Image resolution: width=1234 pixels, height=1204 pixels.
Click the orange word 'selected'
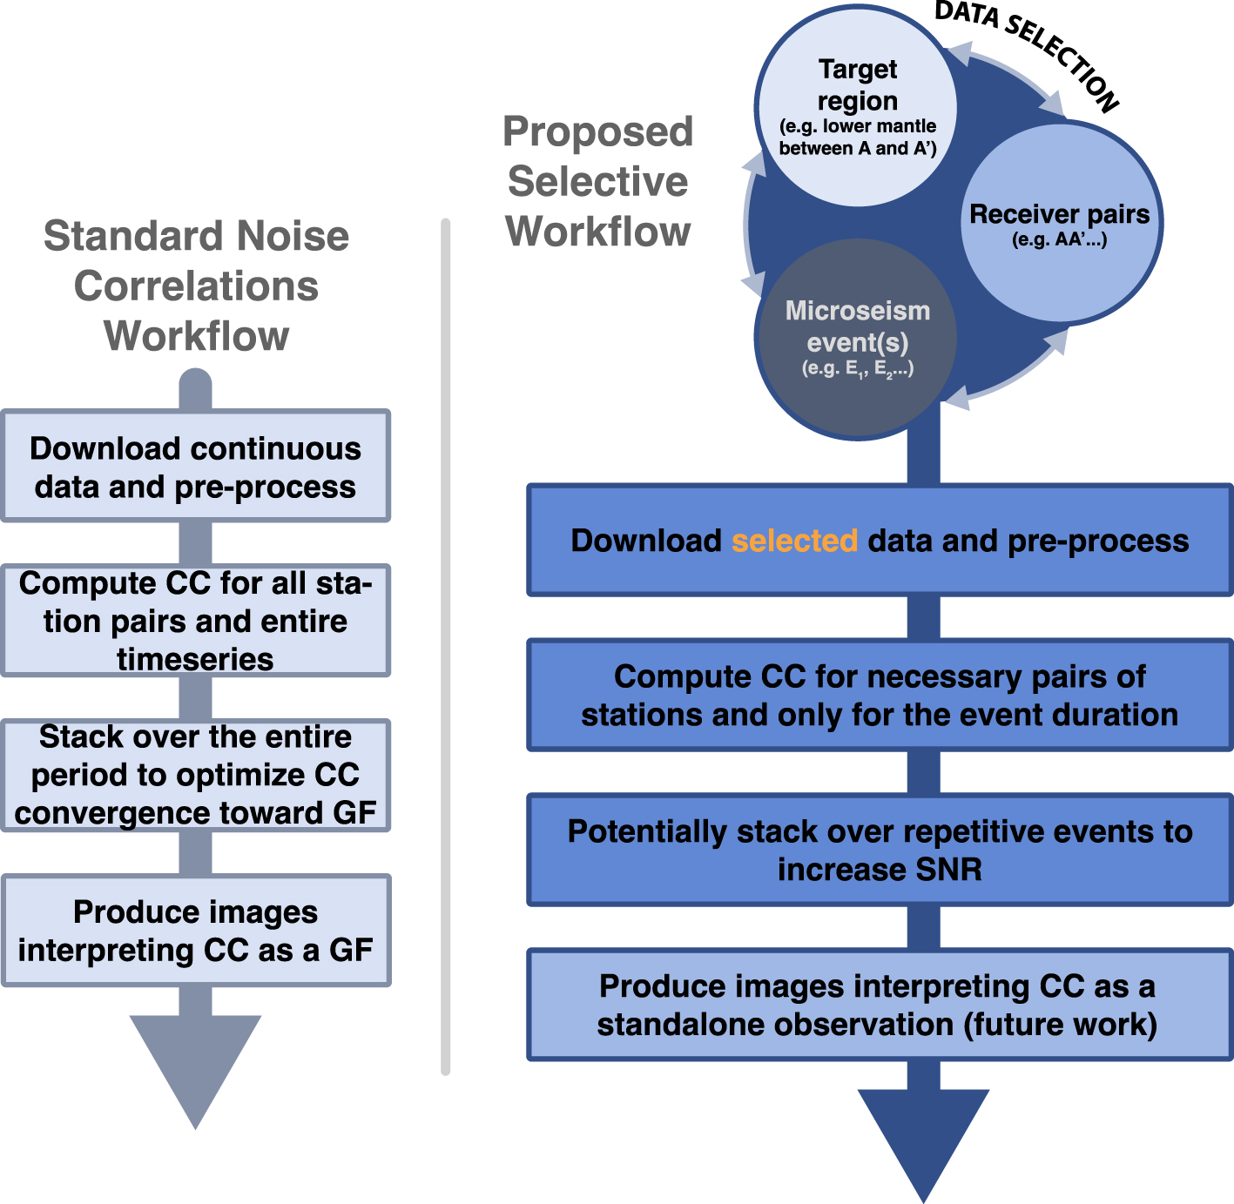tap(794, 541)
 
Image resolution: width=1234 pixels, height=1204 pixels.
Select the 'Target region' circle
tap(857, 106)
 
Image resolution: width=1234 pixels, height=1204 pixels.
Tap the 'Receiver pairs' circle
tap(1060, 223)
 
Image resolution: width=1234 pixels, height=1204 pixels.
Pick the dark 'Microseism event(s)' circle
tap(857, 340)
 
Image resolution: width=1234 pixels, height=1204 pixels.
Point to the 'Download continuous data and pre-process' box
tap(195, 466)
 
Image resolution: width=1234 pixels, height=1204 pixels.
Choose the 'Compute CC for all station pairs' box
tap(195, 621)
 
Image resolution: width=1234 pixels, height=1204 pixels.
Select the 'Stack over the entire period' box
tap(195, 776)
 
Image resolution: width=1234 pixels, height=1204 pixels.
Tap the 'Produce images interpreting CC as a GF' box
tap(195, 931)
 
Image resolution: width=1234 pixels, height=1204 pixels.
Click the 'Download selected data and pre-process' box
tap(880, 540)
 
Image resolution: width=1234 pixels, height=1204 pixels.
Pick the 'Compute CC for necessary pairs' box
tap(880, 695)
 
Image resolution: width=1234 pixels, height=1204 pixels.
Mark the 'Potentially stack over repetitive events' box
tap(880, 850)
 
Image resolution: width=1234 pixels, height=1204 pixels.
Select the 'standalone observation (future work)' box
tap(880, 1005)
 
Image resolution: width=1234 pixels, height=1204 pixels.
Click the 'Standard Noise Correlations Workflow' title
tap(196, 286)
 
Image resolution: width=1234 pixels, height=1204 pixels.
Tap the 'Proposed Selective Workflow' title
tap(598, 181)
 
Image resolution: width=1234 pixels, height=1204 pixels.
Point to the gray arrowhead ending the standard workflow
tap(195, 1072)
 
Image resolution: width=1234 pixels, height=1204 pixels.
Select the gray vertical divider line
tap(445, 647)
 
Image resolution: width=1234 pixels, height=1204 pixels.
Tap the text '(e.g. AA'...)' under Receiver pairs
tap(1060, 240)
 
